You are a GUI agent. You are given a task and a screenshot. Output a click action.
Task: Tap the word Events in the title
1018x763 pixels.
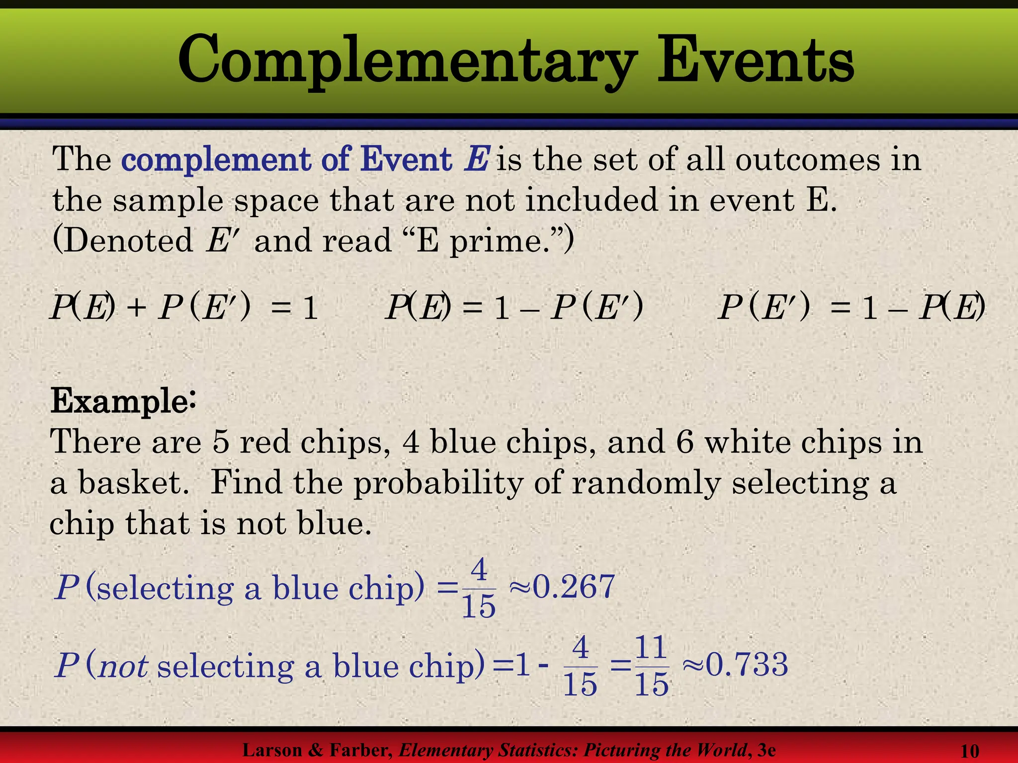(756, 61)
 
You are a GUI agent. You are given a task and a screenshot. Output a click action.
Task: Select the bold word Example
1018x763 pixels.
(119, 401)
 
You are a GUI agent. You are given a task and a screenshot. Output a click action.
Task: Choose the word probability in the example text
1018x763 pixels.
(438, 483)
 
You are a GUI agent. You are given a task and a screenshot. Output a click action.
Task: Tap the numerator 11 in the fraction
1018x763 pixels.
(651, 648)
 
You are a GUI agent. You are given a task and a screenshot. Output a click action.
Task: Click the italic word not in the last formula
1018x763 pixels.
(123, 666)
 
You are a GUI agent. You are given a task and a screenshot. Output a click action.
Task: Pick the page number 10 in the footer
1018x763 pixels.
(970, 751)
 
